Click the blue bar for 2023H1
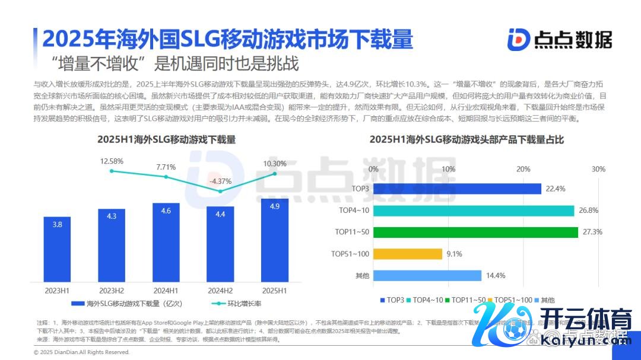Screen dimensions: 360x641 pos(57,249)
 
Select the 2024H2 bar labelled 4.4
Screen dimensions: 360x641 pos(220,244)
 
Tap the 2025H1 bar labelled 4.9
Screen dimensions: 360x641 pos(274,240)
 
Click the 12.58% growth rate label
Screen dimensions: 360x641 pos(112,161)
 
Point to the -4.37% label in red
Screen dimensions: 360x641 pos(220,181)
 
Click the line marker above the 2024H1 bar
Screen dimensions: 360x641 pos(166,177)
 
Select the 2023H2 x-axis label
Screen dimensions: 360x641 pos(112,291)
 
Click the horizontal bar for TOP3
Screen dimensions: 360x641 pos(458,189)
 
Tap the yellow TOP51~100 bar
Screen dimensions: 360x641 pos(408,254)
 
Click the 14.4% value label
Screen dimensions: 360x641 pos(495,276)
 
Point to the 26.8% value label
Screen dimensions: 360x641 pos(588,211)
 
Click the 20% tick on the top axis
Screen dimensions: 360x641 pos(523,170)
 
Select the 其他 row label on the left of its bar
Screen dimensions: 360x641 pos(362,276)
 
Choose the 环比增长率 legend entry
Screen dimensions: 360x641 pos(241,304)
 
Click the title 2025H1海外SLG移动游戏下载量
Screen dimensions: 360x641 pos(167,140)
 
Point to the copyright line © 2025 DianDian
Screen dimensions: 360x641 pos(82,352)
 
